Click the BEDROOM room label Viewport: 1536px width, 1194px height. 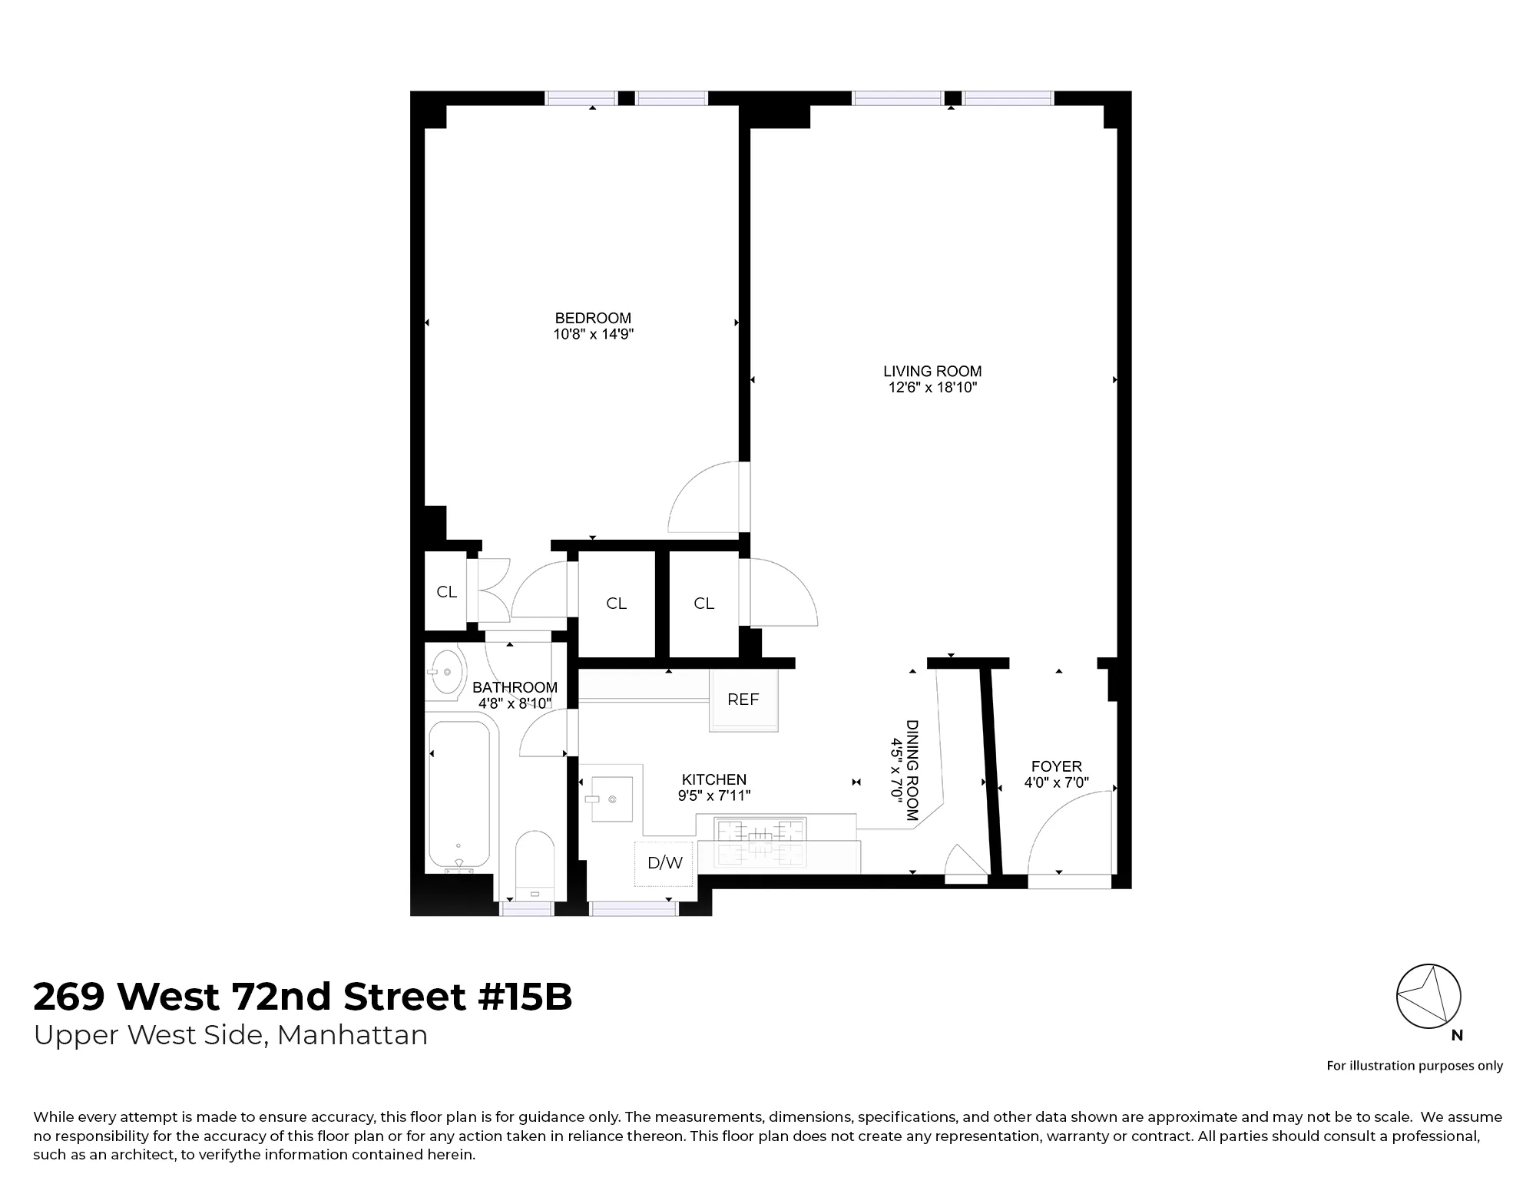click(x=593, y=318)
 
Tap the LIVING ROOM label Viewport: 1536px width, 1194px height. click(x=932, y=372)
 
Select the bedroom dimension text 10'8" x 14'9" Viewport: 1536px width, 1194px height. click(x=593, y=335)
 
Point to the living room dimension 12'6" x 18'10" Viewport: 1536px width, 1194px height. click(x=932, y=388)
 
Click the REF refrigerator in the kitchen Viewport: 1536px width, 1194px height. click(x=743, y=700)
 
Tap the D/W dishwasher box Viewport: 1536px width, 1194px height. click(x=664, y=863)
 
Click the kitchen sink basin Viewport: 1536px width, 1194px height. click(x=611, y=799)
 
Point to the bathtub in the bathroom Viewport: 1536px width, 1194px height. click(x=458, y=795)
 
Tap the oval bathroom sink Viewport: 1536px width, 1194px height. click(x=445, y=673)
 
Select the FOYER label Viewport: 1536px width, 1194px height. click(x=1057, y=766)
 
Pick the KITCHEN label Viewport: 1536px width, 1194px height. click(x=714, y=780)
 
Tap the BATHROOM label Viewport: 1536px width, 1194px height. click(x=515, y=687)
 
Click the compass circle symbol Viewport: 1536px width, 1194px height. click(x=1428, y=997)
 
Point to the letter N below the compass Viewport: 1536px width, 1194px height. click(x=1457, y=1036)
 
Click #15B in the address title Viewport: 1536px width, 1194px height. click(x=525, y=997)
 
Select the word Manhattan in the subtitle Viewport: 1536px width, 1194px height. click(x=352, y=1036)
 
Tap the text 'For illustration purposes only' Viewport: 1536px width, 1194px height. click(x=1415, y=1066)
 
